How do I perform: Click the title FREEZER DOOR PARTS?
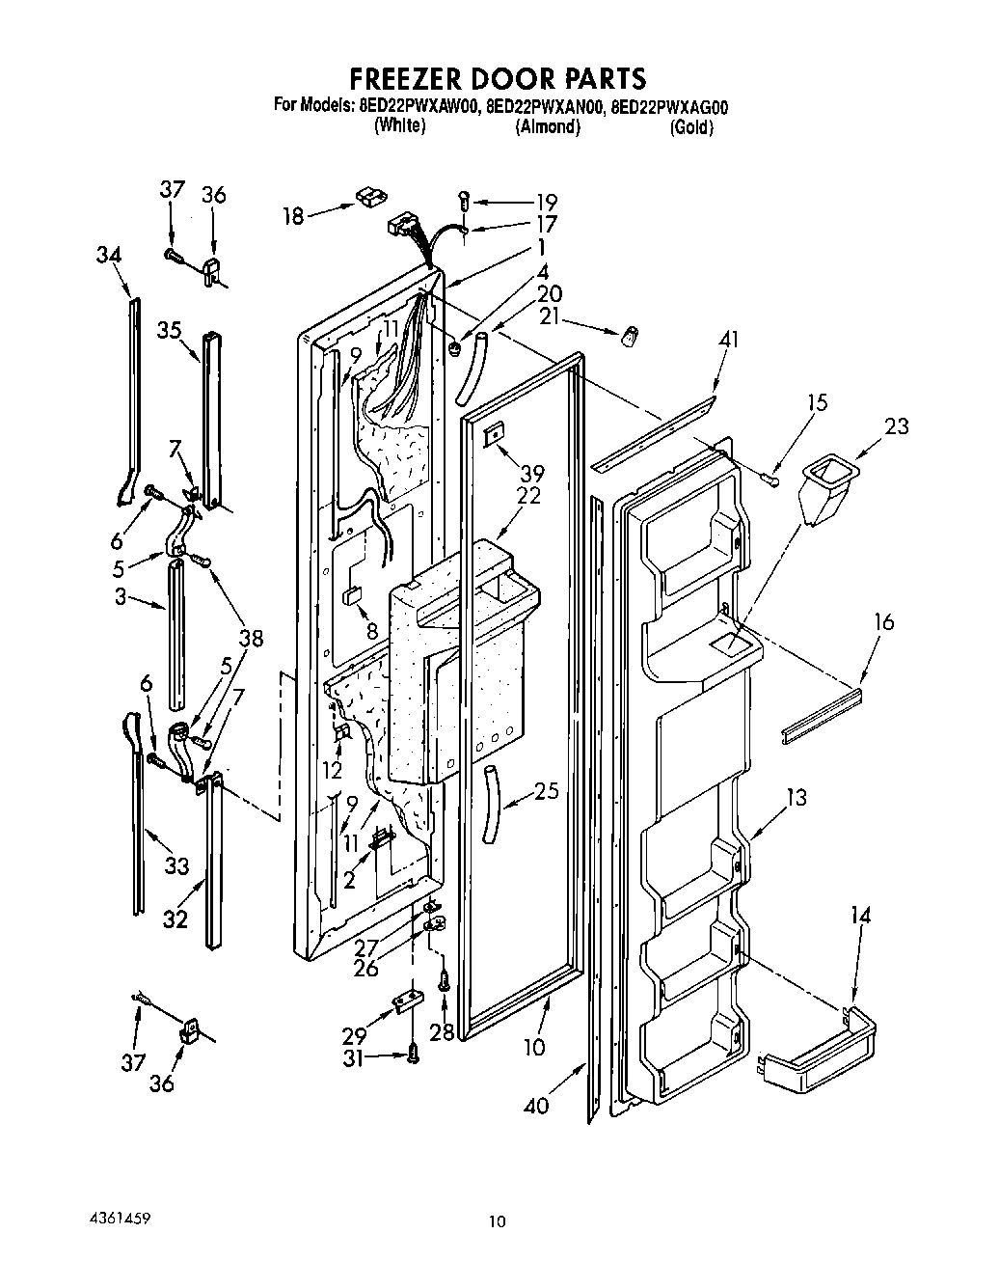497,78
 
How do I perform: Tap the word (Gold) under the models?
691,127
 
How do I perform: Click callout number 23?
896,425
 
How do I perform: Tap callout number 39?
531,473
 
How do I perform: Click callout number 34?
109,255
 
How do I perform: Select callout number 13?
796,798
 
